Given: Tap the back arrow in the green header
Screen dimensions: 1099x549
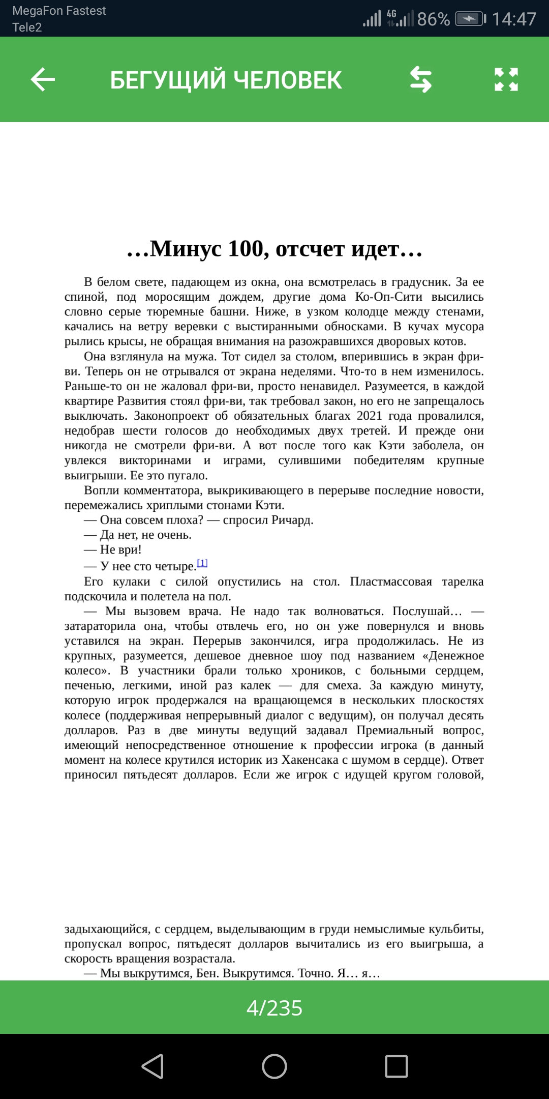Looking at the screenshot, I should [x=43, y=80].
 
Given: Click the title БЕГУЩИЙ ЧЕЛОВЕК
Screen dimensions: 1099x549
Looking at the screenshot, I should [x=226, y=80].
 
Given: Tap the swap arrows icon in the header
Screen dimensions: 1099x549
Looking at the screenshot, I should [x=421, y=80].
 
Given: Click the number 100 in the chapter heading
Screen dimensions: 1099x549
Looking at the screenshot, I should [x=248, y=249].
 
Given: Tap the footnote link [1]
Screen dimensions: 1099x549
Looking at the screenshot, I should [x=202, y=563].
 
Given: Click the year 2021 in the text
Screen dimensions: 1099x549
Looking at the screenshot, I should [x=369, y=416].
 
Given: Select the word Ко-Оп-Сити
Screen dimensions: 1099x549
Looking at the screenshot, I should [x=388, y=297].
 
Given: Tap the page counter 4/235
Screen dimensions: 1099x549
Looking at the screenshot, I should [x=274, y=1008].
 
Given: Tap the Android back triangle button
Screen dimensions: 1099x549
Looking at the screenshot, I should [x=152, y=1066].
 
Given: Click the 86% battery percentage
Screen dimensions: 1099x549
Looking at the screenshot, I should [x=433, y=19].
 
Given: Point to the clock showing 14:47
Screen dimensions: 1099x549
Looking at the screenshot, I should [x=514, y=19].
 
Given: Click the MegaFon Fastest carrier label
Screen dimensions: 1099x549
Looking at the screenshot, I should [x=59, y=11].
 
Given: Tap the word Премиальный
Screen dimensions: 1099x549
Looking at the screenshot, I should [x=394, y=730].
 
